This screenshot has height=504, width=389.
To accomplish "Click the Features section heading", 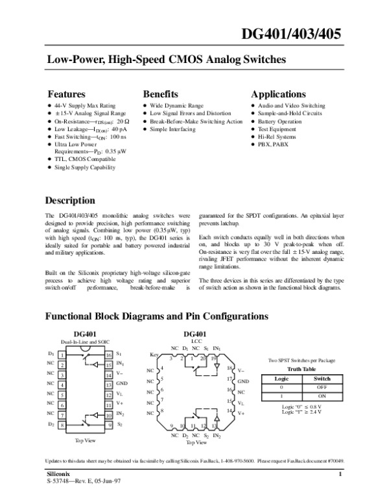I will click(x=67, y=94).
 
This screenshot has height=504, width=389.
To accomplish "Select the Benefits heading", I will click(x=160, y=94).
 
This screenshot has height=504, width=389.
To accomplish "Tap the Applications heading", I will click(x=278, y=94).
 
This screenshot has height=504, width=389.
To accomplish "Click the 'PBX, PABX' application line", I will click(x=272, y=145).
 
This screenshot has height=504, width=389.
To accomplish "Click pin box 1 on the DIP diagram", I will click(x=60, y=355).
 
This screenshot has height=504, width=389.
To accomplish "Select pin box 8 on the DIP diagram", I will click(x=60, y=424).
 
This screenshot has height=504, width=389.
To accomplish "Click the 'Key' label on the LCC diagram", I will click(x=154, y=355).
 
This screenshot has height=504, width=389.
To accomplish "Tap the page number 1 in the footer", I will click(x=339, y=475).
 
